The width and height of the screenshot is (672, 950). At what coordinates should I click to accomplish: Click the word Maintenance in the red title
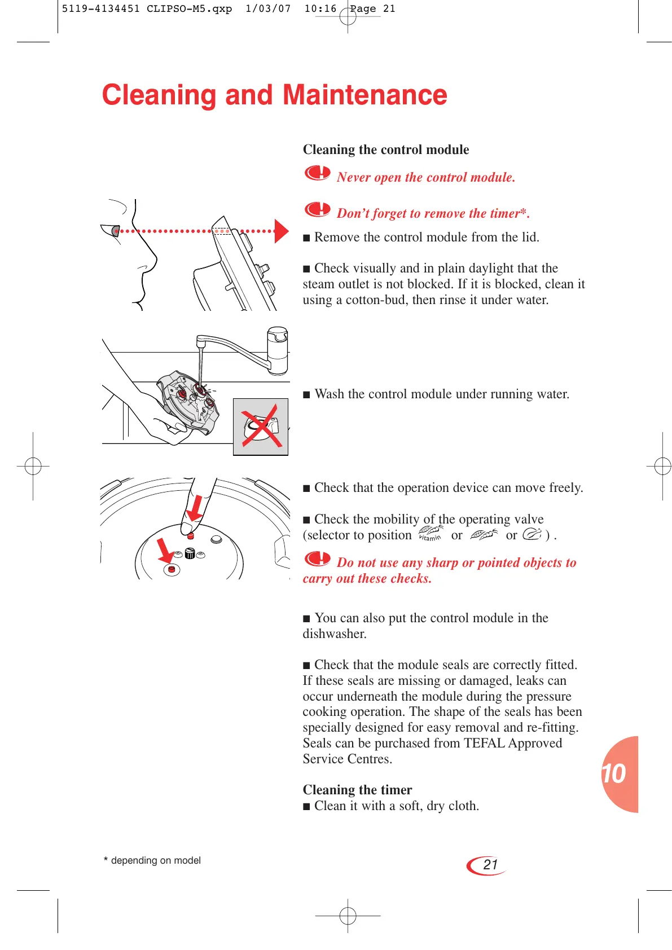point(364,95)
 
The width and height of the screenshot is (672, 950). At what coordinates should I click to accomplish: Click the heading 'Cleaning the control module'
point(385,149)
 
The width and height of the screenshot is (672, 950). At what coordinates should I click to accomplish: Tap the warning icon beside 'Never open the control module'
point(317,173)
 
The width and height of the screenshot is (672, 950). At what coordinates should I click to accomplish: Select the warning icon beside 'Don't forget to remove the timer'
point(317,209)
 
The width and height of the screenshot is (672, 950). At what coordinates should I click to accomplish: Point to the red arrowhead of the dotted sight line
point(281,231)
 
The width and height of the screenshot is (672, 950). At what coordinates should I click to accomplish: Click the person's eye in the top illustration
point(116,230)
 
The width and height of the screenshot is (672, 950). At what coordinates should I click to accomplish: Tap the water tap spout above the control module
point(200,342)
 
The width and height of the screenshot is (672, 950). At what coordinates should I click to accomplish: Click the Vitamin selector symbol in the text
point(431,534)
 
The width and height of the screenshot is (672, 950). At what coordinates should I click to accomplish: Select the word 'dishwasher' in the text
point(334,634)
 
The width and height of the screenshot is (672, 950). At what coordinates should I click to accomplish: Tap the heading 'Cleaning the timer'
point(357,790)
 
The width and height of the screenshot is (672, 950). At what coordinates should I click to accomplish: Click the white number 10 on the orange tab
point(614,774)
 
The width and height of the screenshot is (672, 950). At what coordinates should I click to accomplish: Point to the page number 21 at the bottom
point(490,865)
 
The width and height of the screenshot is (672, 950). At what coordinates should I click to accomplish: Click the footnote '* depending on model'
point(152,860)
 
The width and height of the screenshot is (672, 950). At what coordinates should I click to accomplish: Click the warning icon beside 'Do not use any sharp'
point(317,558)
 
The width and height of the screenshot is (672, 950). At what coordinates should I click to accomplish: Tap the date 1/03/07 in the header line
point(268,9)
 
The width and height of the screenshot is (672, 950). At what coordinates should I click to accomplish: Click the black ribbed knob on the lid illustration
point(190,553)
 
